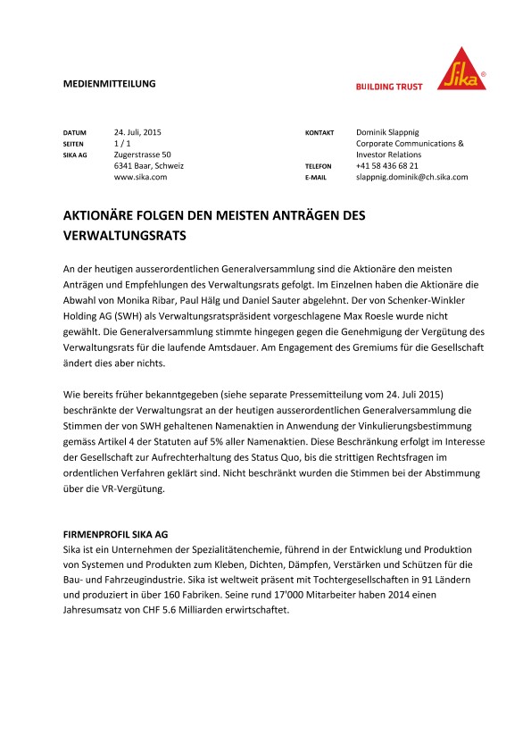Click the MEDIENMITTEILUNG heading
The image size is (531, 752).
coord(109,83)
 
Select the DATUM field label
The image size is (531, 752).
coord(74,132)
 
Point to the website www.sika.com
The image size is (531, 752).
coord(140,177)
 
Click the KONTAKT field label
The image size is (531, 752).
coord(319,132)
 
